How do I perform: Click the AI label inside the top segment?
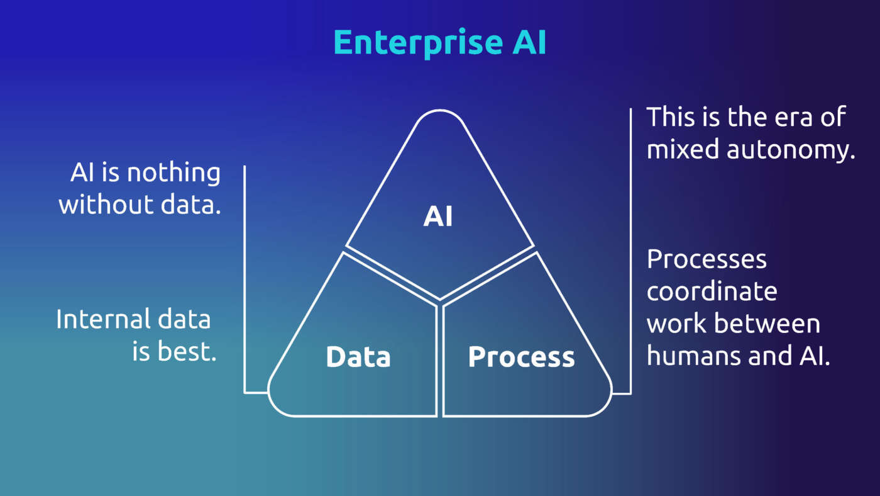[x=438, y=217]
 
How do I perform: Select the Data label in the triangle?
[x=358, y=357]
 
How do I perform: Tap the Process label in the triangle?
[x=521, y=357]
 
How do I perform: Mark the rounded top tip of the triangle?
[x=440, y=113]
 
